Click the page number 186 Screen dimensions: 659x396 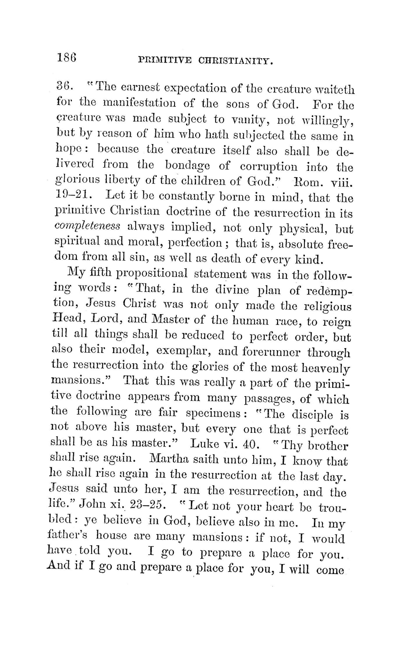pyautogui.click(x=67, y=58)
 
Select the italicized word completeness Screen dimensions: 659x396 pyautogui.click(x=88, y=227)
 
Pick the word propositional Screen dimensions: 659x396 pyautogui.click(x=152, y=274)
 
